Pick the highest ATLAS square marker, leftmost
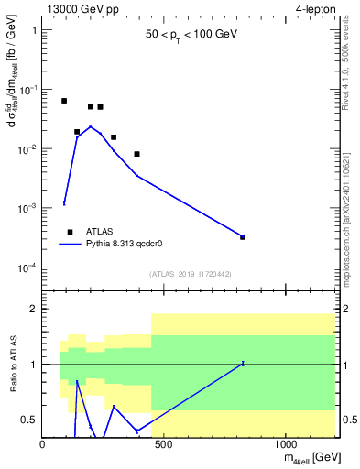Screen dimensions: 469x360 (x=64, y=101)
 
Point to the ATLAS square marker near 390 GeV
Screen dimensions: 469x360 (x=136, y=154)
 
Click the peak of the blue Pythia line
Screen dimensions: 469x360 (x=90, y=126)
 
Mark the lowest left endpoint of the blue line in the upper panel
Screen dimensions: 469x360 (x=64, y=203)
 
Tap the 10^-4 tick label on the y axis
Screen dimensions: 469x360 (x=26, y=267)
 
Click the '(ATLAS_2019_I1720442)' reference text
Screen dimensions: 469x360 (x=190, y=274)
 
